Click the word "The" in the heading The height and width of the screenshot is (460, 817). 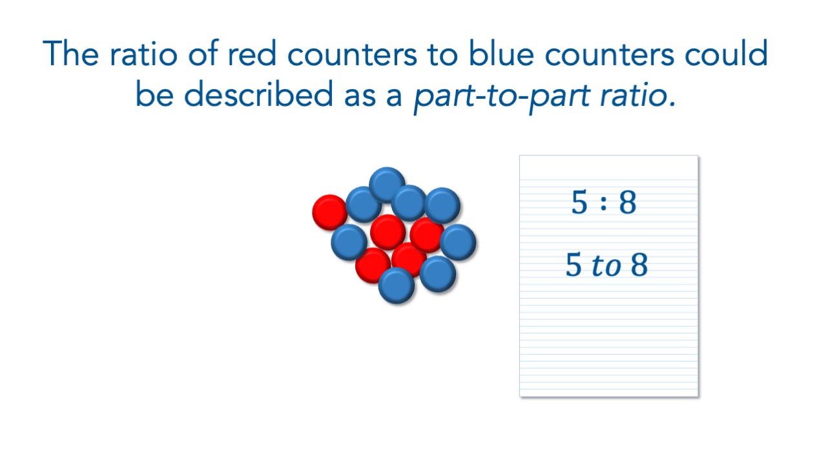coord(71,53)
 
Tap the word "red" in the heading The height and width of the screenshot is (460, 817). coord(252,53)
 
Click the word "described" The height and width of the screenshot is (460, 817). coord(259,94)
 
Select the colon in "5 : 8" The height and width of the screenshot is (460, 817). coord(604,204)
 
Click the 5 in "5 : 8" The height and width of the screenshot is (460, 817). coord(579,202)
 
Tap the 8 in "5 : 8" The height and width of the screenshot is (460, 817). coord(628,202)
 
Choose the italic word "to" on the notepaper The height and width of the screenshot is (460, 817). coord(606,265)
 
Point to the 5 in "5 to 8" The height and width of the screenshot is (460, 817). coord(574,264)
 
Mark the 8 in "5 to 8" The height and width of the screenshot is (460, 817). coord(639,264)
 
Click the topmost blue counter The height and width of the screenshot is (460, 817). coord(387,185)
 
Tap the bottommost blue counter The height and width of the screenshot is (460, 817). coord(397,286)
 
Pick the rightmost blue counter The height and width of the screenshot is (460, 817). coord(458,242)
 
